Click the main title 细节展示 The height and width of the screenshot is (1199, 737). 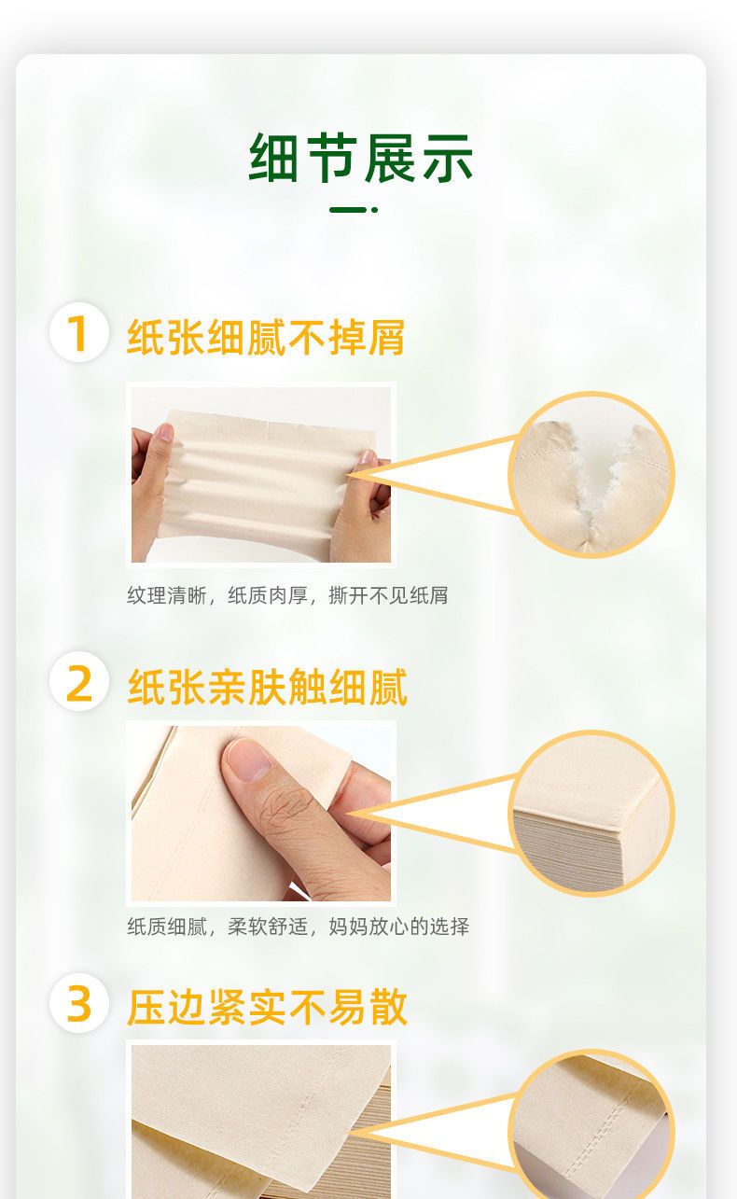361,158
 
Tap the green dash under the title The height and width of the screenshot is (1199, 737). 354,210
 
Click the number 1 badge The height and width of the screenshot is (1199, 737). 78,332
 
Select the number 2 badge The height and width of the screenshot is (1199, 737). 79,681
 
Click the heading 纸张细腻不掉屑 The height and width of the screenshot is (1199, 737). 266,337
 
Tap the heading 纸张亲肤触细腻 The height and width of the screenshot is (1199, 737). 267,686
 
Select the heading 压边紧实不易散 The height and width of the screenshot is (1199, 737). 267,1008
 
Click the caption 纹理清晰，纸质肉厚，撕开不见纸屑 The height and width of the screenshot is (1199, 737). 287,595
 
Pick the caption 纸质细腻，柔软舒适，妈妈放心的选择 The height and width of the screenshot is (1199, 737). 299,927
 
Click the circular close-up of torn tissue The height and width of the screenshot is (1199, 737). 591,475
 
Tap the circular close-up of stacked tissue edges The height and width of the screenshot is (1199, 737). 591,813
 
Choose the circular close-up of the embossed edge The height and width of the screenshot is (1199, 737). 591,1127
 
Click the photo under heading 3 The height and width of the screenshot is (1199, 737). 261,1122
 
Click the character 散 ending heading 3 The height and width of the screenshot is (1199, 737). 388,1008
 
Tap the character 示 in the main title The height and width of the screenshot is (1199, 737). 448,158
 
